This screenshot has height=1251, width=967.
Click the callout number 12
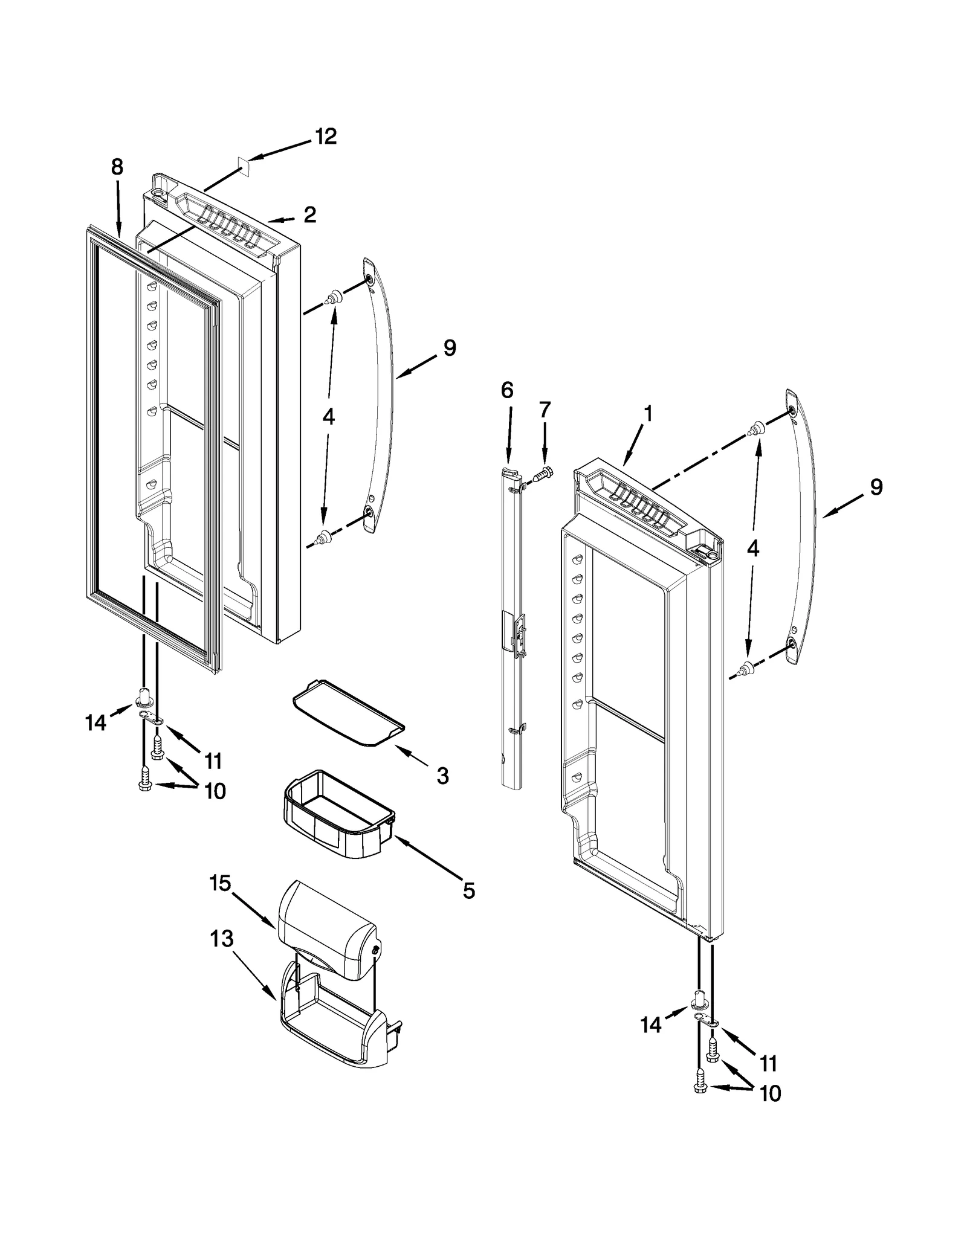click(x=326, y=137)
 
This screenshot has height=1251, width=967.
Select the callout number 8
click(x=117, y=167)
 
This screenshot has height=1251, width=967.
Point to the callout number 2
click(x=310, y=214)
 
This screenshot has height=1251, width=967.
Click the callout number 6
click(x=507, y=391)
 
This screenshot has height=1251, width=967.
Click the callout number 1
click(x=648, y=414)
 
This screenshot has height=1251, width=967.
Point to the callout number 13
click(x=222, y=939)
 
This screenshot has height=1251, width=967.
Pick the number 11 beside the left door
click(x=213, y=761)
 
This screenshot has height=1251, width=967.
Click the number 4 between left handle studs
click(x=328, y=416)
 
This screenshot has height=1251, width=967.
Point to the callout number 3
click(x=442, y=776)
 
